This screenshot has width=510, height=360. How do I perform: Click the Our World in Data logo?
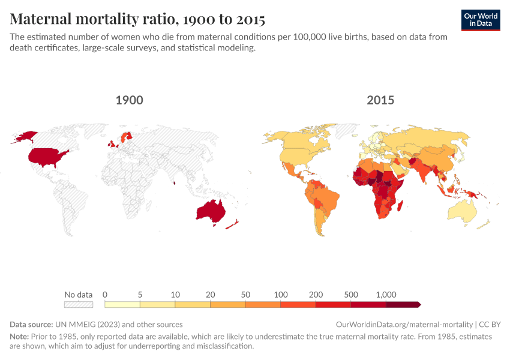click(x=480, y=20)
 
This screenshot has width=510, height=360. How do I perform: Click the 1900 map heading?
click(x=129, y=100)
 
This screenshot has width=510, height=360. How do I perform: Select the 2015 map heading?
click(x=380, y=100)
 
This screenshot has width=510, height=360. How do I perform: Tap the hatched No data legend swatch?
click(x=79, y=305)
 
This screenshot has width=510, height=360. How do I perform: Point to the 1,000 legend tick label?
click(x=386, y=295)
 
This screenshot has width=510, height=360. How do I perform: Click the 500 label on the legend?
click(x=351, y=295)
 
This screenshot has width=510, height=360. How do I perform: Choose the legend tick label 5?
click(x=140, y=295)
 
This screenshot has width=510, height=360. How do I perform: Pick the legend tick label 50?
click(x=245, y=295)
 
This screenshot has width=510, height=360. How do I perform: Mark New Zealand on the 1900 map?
click(x=232, y=224)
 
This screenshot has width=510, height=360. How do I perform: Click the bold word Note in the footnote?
click(x=20, y=337)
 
